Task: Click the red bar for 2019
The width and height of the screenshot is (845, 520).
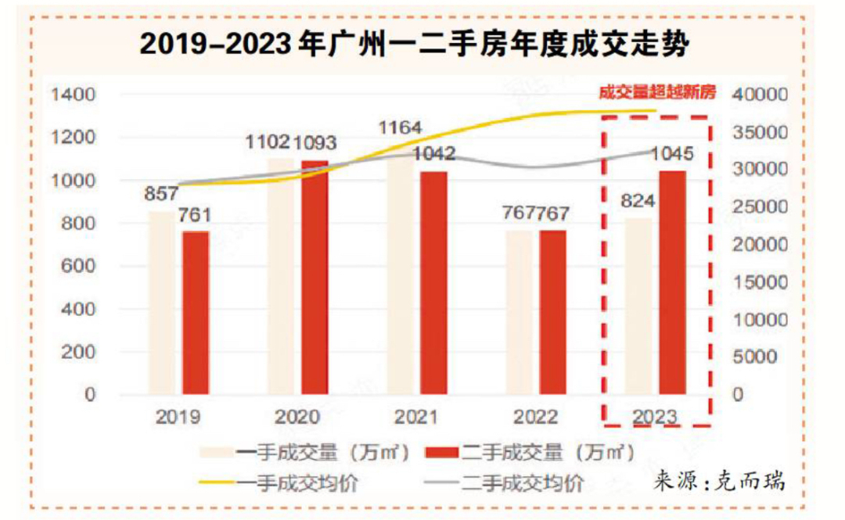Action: coord(196,313)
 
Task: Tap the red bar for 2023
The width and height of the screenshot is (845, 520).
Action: coord(673,282)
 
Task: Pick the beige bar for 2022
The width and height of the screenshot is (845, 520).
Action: coord(520,312)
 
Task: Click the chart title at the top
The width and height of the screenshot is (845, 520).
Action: coord(415,45)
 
